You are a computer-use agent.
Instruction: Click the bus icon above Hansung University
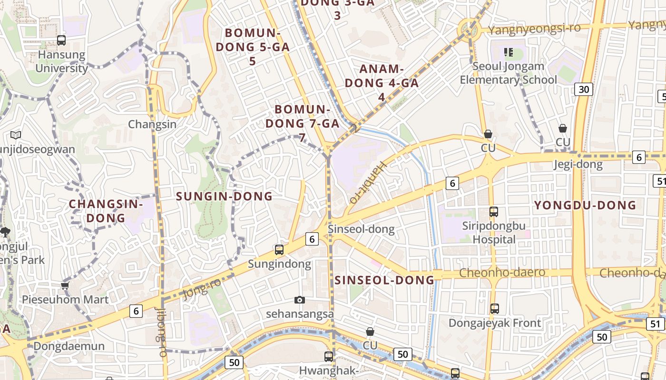pos(61,40)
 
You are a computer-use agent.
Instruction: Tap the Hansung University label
pos(62,61)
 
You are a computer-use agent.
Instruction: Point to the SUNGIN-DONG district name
pos(225,196)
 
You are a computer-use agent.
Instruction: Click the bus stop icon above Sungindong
pos(279,249)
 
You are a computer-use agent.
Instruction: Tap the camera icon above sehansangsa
pos(299,300)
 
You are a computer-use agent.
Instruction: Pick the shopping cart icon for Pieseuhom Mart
pos(65,285)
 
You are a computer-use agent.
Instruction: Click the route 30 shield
pos(583,89)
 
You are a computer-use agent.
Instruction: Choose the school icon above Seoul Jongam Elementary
pos(508,52)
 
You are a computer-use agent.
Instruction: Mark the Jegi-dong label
pos(578,165)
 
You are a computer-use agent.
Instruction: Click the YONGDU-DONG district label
pos(585,205)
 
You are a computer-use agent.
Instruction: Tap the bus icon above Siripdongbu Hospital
pos(494,212)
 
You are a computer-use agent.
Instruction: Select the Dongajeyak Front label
pos(495,323)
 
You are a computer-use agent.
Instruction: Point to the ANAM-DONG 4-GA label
pos(382,83)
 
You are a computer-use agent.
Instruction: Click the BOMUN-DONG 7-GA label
pos(303,123)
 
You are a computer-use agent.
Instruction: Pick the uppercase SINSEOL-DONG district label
pos(384,280)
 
